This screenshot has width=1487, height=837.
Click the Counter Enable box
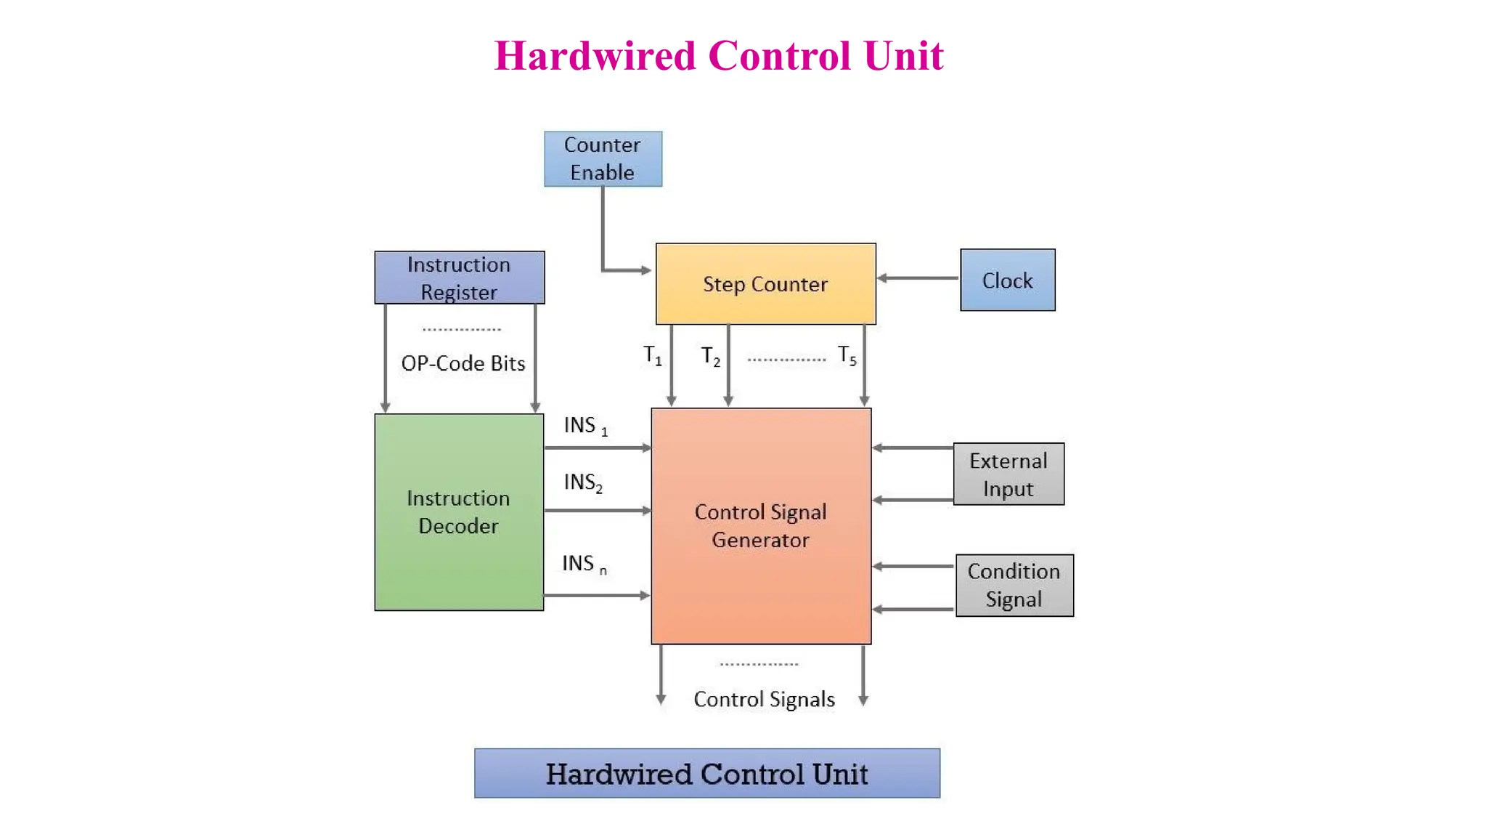tap(603, 158)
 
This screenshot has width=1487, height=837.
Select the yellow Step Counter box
tap(765, 283)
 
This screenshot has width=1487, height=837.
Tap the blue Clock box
tap(1007, 280)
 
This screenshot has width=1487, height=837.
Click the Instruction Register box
tap(459, 278)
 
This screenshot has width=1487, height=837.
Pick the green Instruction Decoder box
tap(459, 512)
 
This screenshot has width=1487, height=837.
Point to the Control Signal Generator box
tap(761, 526)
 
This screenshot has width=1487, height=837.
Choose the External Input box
tap(1009, 474)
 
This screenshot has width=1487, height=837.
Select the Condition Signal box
tap(1014, 586)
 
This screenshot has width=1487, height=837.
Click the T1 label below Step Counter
tap(653, 356)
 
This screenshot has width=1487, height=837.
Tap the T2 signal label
tap(710, 356)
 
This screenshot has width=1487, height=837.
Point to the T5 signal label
tap(847, 356)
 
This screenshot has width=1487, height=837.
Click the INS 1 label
tap(585, 426)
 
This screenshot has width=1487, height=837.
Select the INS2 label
tap(583, 482)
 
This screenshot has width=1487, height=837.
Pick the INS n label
tap(584, 564)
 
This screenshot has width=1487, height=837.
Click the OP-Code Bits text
tap(463, 363)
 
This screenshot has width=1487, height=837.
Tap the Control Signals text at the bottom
tap(764, 699)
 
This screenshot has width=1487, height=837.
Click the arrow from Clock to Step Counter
tap(918, 278)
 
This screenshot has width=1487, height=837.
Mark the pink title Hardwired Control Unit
tap(719, 56)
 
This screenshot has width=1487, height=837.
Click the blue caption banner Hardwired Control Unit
tap(707, 774)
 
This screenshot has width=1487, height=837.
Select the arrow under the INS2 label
tap(597, 511)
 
